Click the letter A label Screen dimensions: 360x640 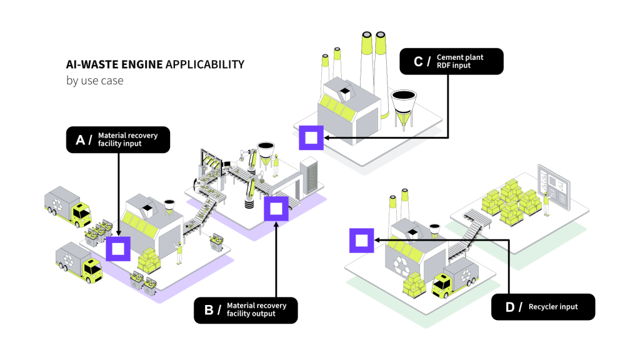[79, 140]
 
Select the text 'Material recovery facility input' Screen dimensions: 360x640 [127, 139]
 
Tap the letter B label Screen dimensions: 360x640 [209, 310]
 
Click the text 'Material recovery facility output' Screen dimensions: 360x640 [256, 309]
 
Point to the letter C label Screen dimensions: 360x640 [418, 61]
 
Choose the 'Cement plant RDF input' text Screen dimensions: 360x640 [459, 61]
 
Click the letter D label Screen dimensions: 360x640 [509, 307]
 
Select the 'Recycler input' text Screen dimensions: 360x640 [552, 307]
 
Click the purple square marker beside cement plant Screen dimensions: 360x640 [311, 138]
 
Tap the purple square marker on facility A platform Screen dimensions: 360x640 [117, 248]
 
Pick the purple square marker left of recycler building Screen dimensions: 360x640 [361, 240]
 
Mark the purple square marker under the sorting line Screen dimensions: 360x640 [276, 209]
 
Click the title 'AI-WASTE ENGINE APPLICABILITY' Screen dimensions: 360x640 [155, 65]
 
